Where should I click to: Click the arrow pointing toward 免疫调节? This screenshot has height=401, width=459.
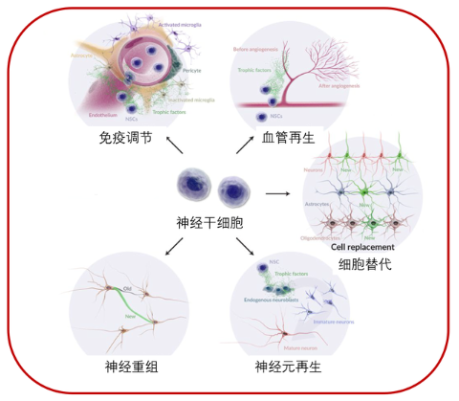(x=176, y=145)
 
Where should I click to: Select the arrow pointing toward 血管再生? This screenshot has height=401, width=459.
(x=248, y=145)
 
